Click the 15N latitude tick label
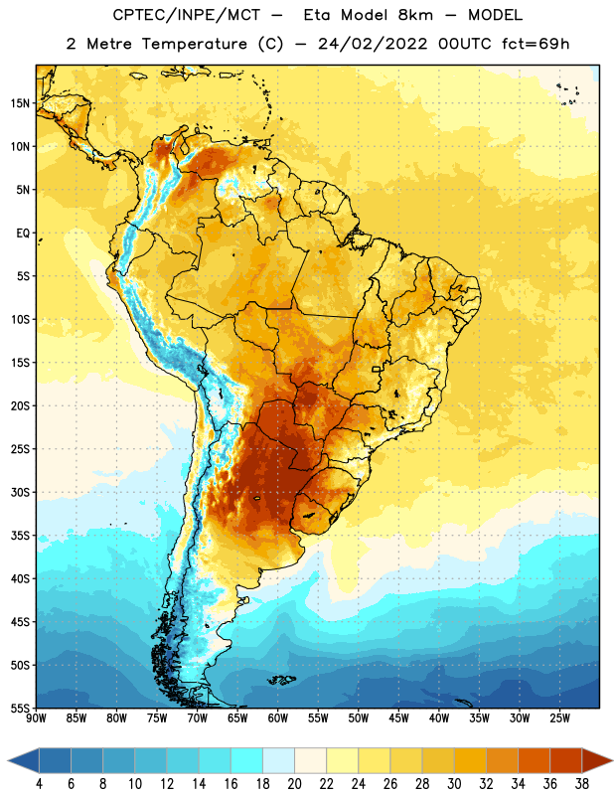[x=20, y=103]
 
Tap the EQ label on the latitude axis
[x=23, y=234]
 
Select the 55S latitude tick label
[x=20, y=708]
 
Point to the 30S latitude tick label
[x=20, y=492]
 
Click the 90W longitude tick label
[x=36, y=717]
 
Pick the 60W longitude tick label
[x=278, y=717]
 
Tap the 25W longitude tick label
[x=559, y=717]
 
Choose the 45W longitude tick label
[x=398, y=717]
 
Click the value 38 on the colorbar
[x=582, y=784]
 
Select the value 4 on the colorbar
[x=39, y=784]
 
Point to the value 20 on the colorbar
[x=294, y=784]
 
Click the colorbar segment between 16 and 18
[x=247, y=760]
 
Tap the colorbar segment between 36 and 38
[x=566, y=760]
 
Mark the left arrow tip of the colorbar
[x=8, y=760]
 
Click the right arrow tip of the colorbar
[x=613, y=760]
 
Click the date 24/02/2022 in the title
[x=373, y=44]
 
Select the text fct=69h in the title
[x=536, y=44]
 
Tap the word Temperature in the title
[x=194, y=44]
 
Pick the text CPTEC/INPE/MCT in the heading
[x=186, y=15]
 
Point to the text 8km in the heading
[x=415, y=15]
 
